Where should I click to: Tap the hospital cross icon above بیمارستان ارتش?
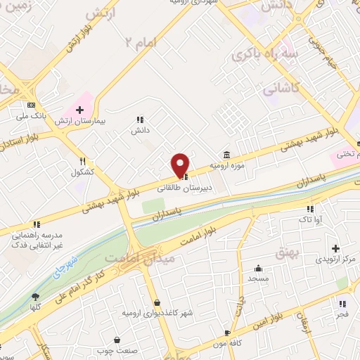tap(80, 110)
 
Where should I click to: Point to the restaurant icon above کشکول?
tap(83, 161)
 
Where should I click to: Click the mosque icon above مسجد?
tap(259, 268)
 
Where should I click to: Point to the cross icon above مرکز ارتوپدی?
tap(335, 248)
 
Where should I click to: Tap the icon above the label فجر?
tap(342, 304)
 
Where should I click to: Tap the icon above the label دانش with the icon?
tap(139, 120)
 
